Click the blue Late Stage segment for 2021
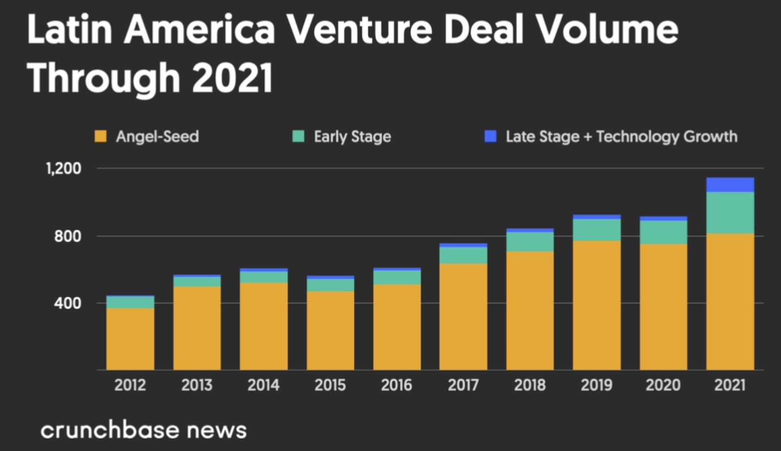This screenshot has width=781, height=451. [730, 185]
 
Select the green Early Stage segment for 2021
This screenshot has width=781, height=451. [730, 213]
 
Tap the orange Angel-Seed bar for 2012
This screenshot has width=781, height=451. [130, 339]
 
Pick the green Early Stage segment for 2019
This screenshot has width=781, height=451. [596, 230]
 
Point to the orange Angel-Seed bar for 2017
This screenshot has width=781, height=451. [463, 317]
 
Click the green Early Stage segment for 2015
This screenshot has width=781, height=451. [330, 285]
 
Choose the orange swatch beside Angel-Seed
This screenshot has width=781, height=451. [101, 137]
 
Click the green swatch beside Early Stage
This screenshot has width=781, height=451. [298, 137]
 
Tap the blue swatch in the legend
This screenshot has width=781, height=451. [490, 137]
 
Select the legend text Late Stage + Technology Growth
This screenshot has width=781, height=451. [621, 137]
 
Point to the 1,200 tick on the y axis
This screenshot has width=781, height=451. [64, 169]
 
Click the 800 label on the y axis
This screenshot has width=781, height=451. [68, 236]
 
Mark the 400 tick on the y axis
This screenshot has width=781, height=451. [68, 303]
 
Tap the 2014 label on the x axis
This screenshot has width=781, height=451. [264, 385]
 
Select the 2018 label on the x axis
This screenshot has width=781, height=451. [530, 385]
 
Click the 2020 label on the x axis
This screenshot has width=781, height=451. [663, 385]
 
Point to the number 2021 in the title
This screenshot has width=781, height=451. [232, 78]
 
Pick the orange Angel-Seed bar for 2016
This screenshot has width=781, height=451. [397, 327]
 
